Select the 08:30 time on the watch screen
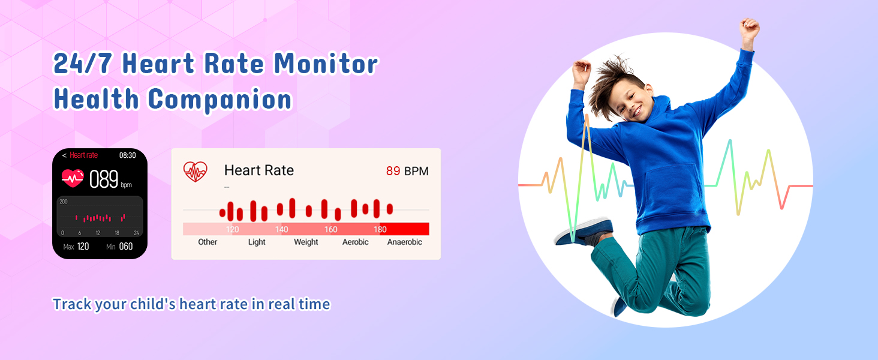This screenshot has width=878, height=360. point(127,155)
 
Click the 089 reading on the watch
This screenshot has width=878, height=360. point(104,179)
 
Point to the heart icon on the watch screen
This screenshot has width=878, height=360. point(73,178)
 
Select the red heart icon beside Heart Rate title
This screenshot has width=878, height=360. point(195,172)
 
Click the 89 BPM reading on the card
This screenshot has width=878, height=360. point(407,171)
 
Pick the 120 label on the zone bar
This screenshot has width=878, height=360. point(232,229)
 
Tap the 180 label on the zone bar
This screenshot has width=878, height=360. point(380,229)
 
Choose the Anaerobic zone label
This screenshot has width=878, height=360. point(404,242)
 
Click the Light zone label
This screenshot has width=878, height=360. point(257,242)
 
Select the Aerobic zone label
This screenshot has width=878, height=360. point(355,242)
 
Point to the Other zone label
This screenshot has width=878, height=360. point(208,242)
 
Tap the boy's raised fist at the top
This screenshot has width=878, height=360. point(748,28)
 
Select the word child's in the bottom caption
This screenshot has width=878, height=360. point(153,304)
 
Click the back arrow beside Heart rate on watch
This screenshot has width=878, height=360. point(64,155)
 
